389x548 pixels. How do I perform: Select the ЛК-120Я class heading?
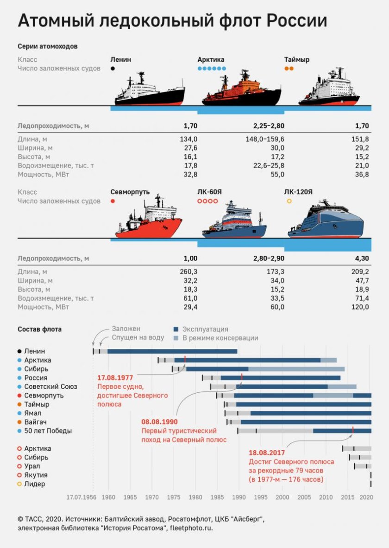[299, 192]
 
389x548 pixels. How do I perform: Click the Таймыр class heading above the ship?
[297, 60]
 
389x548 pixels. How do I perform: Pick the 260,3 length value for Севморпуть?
[188, 271]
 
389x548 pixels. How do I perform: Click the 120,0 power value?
[360, 307]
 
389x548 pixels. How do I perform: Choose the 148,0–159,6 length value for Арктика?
[265, 139]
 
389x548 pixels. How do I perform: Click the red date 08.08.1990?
[159, 422]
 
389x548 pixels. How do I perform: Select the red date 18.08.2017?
[267, 453]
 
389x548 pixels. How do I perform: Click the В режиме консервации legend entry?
[220, 338]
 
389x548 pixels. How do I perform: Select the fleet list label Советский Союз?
[50, 386]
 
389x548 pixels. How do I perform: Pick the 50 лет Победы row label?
[48, 431]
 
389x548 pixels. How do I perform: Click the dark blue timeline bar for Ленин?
[172, 351]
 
